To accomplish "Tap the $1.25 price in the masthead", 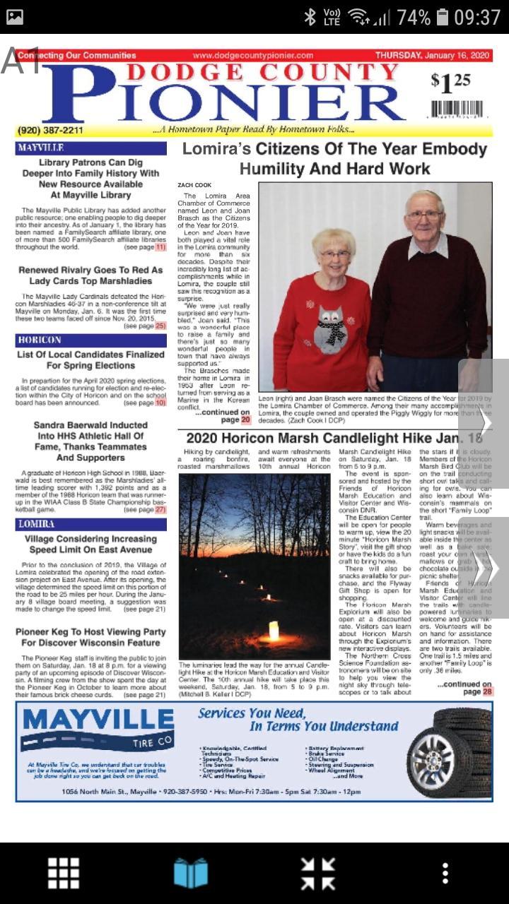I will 450,83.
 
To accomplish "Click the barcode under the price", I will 460,109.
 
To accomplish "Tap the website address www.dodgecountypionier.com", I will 252,55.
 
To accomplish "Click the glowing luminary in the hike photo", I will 274,630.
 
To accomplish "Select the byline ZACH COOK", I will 194,185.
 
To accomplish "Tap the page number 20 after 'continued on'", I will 245,420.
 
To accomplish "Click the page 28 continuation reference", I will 488,691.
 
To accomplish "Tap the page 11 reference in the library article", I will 160,247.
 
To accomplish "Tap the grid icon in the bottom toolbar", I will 64,874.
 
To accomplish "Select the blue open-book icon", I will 191,874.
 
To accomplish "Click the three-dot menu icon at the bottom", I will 445,874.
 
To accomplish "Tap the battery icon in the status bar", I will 442,17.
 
